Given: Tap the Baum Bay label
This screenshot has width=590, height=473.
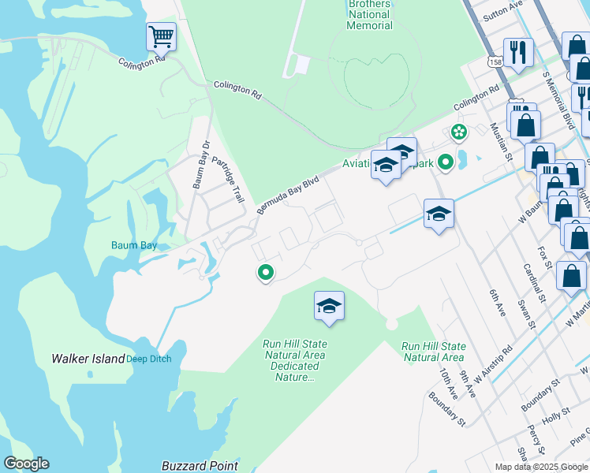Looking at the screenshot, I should tap(133, 246).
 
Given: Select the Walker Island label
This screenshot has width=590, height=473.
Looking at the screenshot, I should tap(88, 359).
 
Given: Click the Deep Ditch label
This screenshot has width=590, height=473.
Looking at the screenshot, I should tap(149, 359).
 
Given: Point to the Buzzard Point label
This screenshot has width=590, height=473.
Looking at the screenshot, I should tap(200, 466).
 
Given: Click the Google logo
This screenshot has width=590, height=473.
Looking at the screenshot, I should tap(26, 464).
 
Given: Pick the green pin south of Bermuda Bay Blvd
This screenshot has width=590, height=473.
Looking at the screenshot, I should tap(266, 273).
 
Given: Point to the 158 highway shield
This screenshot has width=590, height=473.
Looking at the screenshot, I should tap(495, 61).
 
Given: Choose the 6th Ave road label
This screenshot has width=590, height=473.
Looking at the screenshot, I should tap(496, 304).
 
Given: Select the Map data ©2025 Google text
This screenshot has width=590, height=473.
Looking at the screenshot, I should tap(540, 467).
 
